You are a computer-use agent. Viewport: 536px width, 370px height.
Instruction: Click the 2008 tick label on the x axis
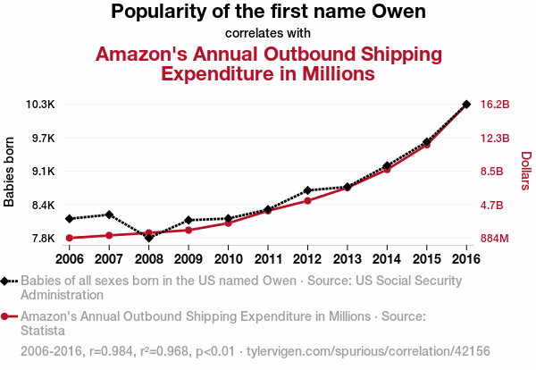pos(148,259)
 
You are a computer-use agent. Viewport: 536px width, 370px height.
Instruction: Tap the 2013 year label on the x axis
pos(347,259)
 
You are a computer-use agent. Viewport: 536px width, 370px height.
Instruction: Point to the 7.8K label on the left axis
pos(43,239)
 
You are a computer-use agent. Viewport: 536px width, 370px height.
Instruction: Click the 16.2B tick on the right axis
pos(495,105)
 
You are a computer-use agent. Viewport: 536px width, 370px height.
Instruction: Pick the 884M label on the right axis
pos(495,239)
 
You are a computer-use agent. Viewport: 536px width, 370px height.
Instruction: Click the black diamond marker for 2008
pos(148,238)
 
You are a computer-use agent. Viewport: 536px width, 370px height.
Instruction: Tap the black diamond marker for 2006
pos(69,218)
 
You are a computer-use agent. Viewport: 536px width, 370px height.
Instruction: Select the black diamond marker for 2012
pos(307,190)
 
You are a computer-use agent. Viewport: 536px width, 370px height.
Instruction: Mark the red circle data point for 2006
pos(69,238)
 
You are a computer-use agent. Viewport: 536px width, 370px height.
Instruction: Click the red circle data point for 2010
pos(228,223)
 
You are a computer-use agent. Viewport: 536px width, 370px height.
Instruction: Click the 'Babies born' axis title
pos(10,172)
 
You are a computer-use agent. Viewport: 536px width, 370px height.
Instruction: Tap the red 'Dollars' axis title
pos(525,172)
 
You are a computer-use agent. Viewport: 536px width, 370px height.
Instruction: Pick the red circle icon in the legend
pos(7,315)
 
